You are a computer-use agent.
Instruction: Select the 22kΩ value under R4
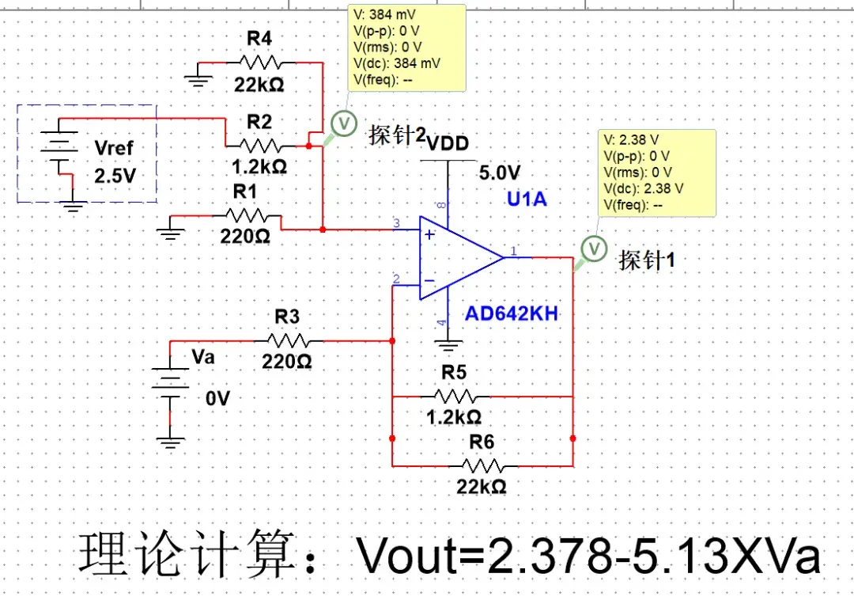pos(259,83)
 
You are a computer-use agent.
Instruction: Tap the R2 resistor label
pos(259,121)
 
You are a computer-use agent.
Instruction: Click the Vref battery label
pos(114,148)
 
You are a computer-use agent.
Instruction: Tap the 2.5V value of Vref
pos(115,176)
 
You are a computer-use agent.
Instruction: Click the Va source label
pos(203,357)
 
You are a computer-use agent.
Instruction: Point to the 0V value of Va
pos(217,400)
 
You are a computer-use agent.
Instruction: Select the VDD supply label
pos(448,143)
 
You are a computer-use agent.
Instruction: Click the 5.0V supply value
pos(500,173)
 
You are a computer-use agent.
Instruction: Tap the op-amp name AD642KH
pos(512,314)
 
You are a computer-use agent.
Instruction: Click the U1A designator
pos(527,199)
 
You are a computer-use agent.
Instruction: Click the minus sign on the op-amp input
pos(429,280)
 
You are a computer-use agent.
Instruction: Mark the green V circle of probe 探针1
pos(594,249)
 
